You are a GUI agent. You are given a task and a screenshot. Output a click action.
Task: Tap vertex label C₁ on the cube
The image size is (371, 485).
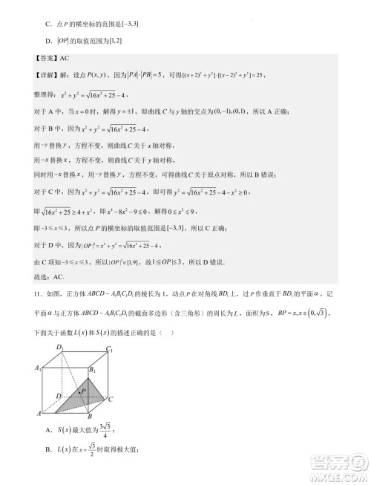pyautogui.click(x=109, y=348)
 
